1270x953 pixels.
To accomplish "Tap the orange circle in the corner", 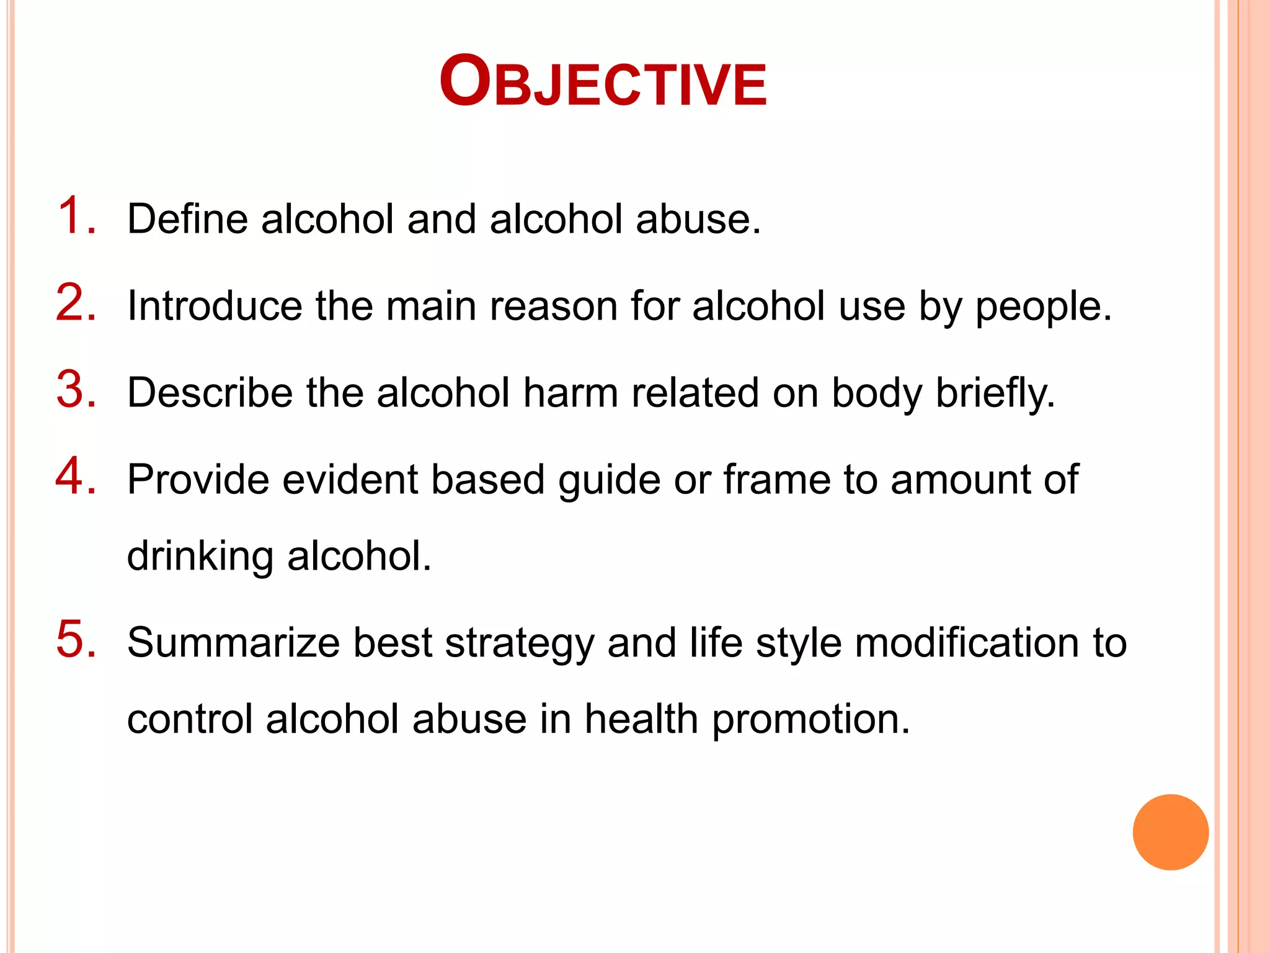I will (x=1170, y=832).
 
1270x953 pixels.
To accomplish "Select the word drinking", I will (x=200, y=557).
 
